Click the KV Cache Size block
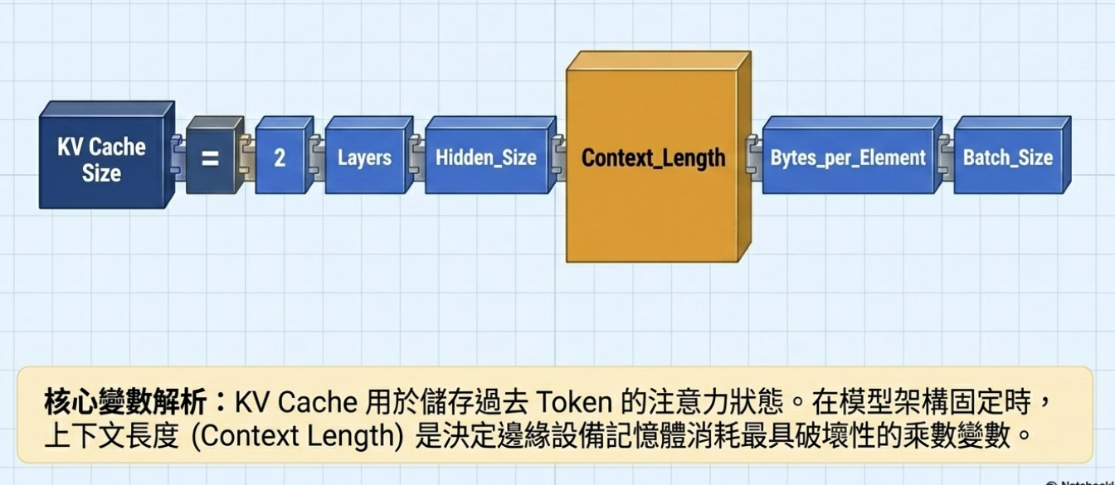pyautogui.click(x=101, y=160)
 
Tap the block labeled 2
pyautogui.click(x=280, y=158)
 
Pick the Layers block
pyautogui.click(x=364, y=158)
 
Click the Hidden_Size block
pyautogui.click(x=486, y=158)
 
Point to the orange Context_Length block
pyautogui.click(x=653, y=158)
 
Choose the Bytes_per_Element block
pyautogui.click(x=847, y=158)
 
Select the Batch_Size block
pyautogui.click(x=1007, y=158)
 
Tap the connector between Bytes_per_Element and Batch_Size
pyautogui.click(x=947, y=156)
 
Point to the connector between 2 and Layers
pyautogui.click(x=318, y=156)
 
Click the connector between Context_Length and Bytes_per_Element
pyautogui.click(x=753, y=156)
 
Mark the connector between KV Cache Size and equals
pyautogui.click(x=178, y=156)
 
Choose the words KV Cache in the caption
pyautogui.click(x=295, y=404)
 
